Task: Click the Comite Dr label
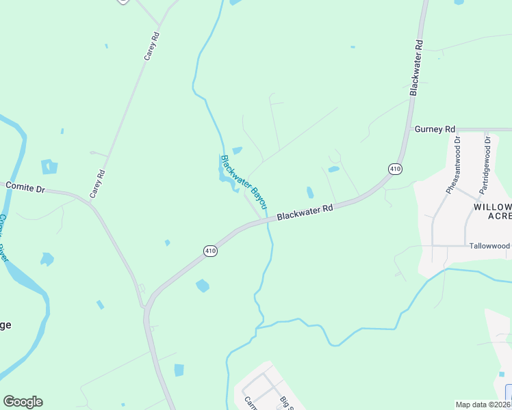click(x=25, y=185)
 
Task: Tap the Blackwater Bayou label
click(x=244, y=182)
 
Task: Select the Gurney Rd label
click(x=435, y=128)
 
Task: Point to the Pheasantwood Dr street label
click(x=453, y=164)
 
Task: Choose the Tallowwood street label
click(x=489, y=245)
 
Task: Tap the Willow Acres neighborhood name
click(x=492, y=211)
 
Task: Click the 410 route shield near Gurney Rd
click(x=395, y=168)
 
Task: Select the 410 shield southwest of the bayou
click(x=210, y=251)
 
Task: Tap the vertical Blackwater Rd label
click(x=416, y=67)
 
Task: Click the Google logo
click(x=23, y=402)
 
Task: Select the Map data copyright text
click(x=482, y=405)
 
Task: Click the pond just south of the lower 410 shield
click(x=203, y=286)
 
